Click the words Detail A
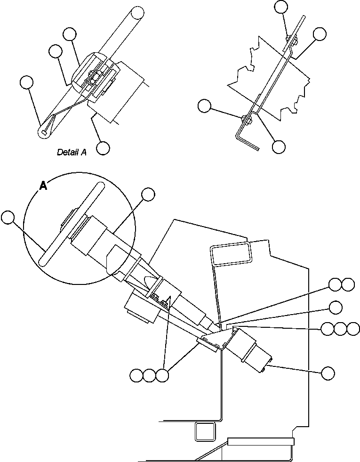(72, 152)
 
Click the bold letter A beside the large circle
(43, 186)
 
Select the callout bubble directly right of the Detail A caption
(103, 148)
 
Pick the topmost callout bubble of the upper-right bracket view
(281, 6)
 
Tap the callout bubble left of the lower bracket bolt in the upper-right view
(204, 106)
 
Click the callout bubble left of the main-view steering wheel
(8, 217)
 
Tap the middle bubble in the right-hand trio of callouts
(340, 329)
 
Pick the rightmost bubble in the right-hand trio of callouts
(353, 329)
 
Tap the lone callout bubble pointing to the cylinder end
(328, 373)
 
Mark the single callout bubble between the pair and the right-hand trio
(336, 307)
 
